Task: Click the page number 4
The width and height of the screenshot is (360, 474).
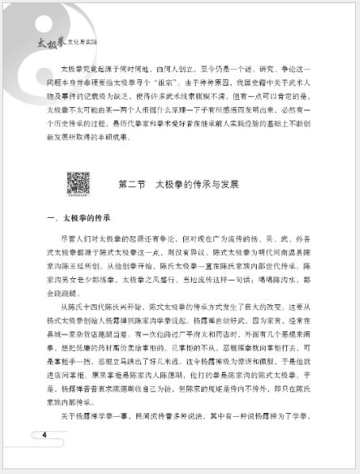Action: click(44, 434)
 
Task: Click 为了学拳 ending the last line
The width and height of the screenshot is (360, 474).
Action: click(295, 416)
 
